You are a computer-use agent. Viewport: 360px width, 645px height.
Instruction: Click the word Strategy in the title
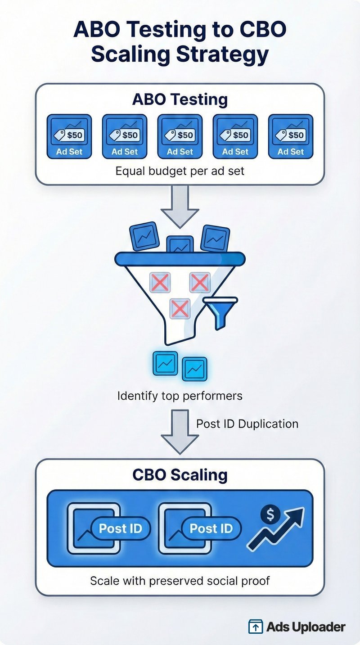click(222, 54)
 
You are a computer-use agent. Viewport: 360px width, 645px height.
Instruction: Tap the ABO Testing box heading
click(180, 99)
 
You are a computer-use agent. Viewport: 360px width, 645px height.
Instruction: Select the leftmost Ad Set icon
click(69, 136)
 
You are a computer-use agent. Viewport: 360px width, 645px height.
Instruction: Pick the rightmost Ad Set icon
click(291, 136)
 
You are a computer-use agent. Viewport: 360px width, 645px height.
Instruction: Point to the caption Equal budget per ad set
click(180, 171)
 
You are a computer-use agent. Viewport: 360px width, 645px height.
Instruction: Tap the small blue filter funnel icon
click(220, 311)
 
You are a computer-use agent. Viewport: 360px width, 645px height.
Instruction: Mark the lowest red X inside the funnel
click(180, 309)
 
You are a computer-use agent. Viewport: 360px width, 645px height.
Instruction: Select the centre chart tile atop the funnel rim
click(180, 245)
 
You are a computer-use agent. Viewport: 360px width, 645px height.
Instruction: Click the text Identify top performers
click(180, 396)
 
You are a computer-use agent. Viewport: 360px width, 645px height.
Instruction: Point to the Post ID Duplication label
click(247, 424)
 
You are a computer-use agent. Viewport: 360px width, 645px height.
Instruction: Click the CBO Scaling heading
click(180, 475)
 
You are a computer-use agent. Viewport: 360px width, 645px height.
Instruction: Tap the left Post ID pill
click(120, 528)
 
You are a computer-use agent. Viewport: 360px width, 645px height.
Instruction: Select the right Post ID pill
click(211, 528)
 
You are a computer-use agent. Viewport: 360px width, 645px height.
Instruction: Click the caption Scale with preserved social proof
click(180, 580)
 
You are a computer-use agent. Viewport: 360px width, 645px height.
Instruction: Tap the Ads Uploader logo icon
click(256, 627)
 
